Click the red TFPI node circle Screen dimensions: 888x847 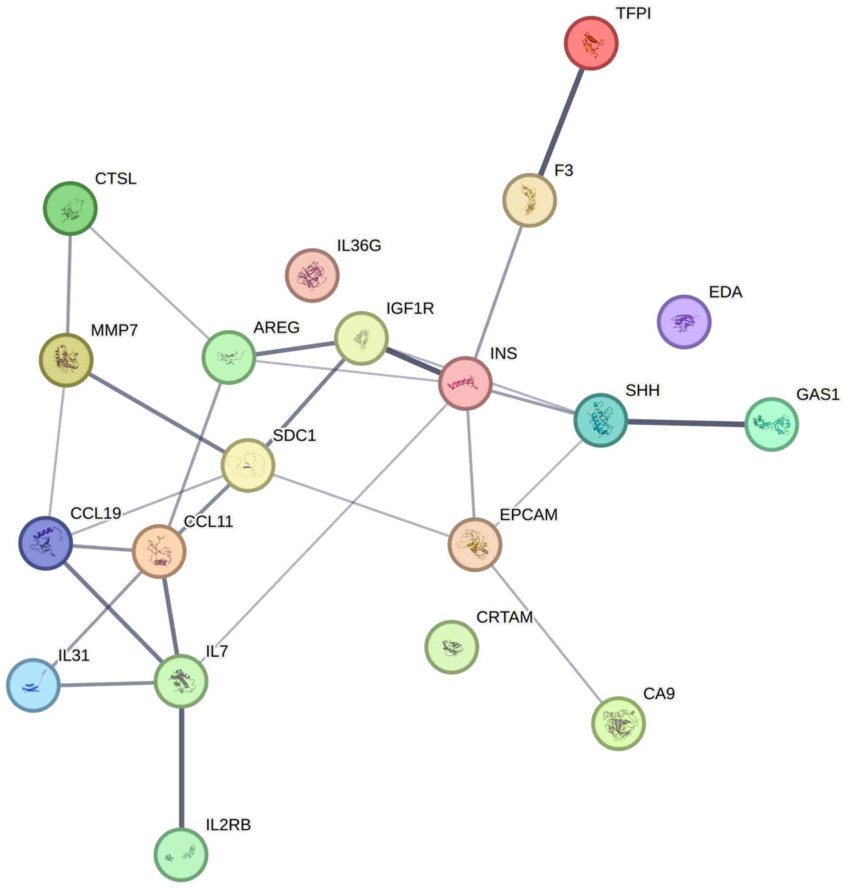[591, 43]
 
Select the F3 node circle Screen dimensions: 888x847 [529, 200]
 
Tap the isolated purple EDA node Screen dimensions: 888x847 [684, 322]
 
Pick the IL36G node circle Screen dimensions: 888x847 [312, 275]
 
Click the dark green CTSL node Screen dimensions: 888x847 [70, 208]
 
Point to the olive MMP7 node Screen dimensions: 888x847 [66, 360]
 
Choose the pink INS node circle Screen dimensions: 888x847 [465, 383]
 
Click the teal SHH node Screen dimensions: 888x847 [600, 420]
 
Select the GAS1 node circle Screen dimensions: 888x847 [771, 425]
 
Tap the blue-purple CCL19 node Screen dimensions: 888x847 [46, 543]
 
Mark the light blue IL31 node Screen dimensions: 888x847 [33, 685]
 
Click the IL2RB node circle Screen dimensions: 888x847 [181, 855]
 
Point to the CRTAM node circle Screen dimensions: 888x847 [452, 647]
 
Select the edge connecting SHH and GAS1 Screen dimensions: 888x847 [686, 423]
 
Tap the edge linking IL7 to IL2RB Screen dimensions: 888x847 [182, 768]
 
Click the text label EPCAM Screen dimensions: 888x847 [529, 515]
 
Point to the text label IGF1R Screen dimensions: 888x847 [410, 309]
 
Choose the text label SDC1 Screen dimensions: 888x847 [294, 436]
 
